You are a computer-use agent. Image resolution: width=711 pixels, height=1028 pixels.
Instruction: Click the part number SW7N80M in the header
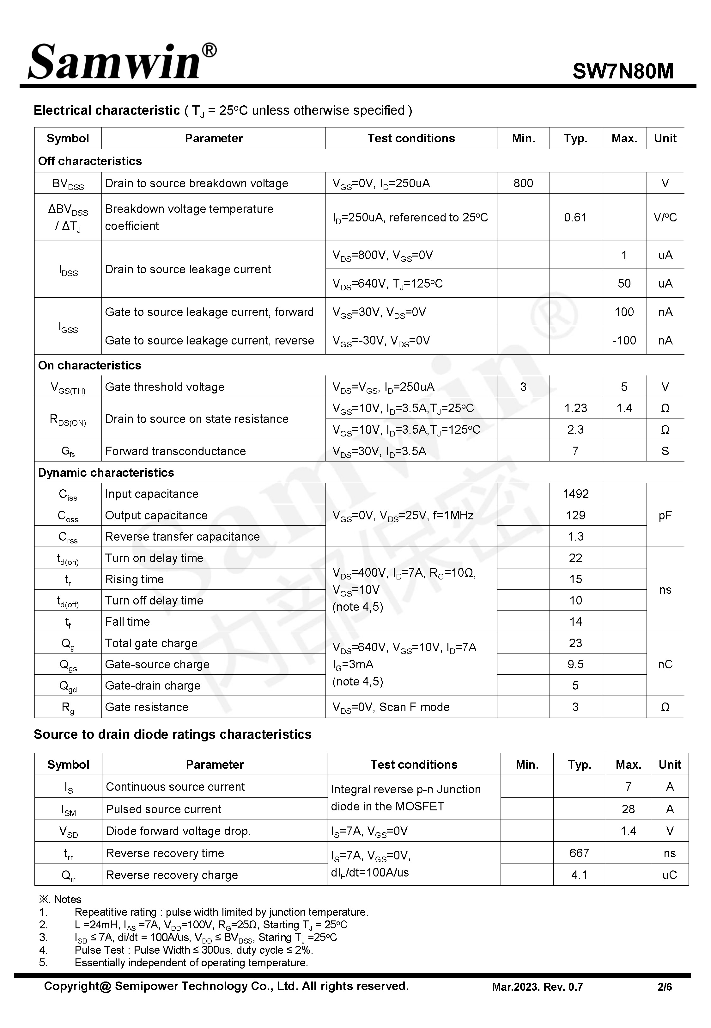pyautogui.click(x=623, y=71)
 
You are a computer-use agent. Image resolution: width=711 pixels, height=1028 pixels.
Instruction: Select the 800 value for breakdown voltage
pyautogui.click(x=523, y=183)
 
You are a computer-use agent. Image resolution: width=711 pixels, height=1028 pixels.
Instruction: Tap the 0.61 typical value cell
pyautogui.click(x=575, y=218)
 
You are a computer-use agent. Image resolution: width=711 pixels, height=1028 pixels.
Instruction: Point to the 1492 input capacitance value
pyautogui.click(x=575, y=494)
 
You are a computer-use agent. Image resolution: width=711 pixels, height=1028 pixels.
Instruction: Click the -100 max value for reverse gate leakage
pyautogui.click(x=624, y=341)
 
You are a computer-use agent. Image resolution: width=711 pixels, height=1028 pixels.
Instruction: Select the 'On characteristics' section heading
pyautogui.click(x=89, y=366)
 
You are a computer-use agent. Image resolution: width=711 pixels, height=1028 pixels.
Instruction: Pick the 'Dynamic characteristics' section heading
pyautogui.click(x=106, y=473)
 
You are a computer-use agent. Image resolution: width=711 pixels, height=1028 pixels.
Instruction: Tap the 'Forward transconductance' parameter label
pyautogui.click(x=175, y=451)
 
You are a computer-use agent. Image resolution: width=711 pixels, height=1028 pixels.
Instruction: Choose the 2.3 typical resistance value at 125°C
pyautogui.click(x=575, y=430)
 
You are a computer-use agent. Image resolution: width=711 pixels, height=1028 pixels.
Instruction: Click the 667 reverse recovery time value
pyautogui.click(x=579, y=853)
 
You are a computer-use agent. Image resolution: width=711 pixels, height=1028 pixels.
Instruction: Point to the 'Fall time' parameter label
pyautogui.click(x=127, y=622)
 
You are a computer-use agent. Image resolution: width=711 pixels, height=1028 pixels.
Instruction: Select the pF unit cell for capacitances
pyautogui.click(x=665, y=515)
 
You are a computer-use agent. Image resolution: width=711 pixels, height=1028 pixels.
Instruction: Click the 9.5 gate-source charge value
pyautogui.click(x=575, y=664)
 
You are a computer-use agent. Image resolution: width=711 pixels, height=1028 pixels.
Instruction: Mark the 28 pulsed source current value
pyautogui.click(x=628, y=809)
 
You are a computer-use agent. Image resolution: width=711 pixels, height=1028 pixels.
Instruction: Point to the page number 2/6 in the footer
pyautogui.click(x=665, y=987)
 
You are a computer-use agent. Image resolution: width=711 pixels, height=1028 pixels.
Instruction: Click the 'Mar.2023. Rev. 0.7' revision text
pyautogui.click(x=537, y=987)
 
